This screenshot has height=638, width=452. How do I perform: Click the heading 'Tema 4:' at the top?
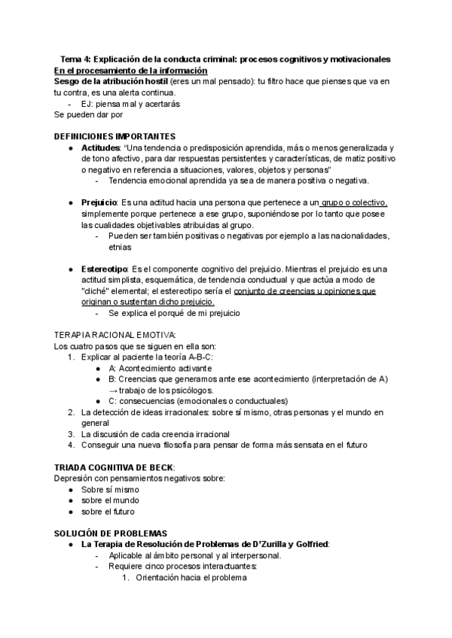pos(78,59)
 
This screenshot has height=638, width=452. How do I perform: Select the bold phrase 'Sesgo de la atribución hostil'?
pos(105,81)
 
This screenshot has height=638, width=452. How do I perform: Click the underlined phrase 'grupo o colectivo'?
pos(354,203)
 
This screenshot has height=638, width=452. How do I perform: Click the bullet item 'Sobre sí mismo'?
pos(111,489)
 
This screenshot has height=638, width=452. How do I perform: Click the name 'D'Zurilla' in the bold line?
pos(260,544)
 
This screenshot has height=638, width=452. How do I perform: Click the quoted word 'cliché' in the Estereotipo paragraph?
pos(99,291)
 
